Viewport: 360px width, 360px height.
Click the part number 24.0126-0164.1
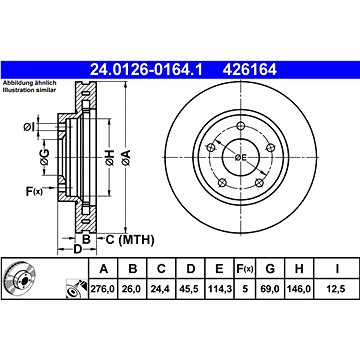click(x=146, y=70)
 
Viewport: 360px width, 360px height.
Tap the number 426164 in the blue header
click(x=250, y=70)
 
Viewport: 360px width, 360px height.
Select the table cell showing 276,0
click(x=102, y=289)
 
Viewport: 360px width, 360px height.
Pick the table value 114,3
click(x=220, y=289)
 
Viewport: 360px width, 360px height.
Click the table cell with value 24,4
click(x=161, y=289)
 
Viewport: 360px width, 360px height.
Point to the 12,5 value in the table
click(x=337, y=289)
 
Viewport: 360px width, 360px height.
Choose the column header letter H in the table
click(x=299, y=268)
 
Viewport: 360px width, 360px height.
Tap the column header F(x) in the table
click(x=245, y=269)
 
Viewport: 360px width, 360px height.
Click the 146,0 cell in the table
click(x=299, y=289)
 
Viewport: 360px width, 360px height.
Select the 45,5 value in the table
click(x=190, y=289)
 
